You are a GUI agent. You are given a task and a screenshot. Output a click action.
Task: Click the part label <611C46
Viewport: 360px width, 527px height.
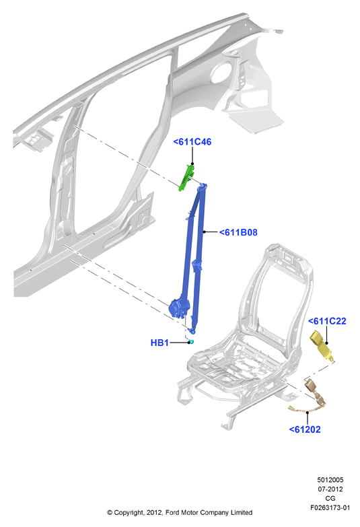click(x=192, y=142)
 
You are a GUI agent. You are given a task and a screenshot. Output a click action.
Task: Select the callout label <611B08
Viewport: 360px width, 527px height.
click(x=238, y=232)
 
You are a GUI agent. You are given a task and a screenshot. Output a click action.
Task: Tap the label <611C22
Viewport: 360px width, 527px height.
click(x=327, y=321)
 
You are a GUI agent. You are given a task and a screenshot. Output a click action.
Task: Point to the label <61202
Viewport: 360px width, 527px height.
click(x=305, y=429)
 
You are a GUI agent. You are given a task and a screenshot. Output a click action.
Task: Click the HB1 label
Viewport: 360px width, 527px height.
click(x=159, y=343)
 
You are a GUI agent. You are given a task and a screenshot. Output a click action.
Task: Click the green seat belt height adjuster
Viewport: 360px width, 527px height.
click(x=186, y=178)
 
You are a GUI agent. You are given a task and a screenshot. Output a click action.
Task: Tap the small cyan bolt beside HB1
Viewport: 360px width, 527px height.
click(x=191, y=342)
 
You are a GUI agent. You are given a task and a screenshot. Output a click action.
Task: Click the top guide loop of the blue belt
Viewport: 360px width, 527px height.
click(x=203, y=186)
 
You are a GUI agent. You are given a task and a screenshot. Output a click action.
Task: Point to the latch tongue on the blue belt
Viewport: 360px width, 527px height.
click(x=197, y=265)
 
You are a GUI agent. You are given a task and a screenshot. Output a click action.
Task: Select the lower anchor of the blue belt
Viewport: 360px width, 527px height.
click(x=192, y=330)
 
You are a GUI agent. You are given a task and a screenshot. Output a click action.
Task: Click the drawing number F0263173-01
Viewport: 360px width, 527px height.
click(x=330, y=507)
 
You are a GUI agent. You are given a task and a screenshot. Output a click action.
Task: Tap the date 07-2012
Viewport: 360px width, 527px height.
click(x=330, y=489)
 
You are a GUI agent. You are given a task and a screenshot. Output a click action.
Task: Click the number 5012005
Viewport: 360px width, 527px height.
click(x=330, y=480)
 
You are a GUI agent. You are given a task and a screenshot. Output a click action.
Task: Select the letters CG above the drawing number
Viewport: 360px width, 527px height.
click(x=330, y=499)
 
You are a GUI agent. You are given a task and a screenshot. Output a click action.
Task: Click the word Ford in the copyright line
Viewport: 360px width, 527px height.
click(x=172, y=513)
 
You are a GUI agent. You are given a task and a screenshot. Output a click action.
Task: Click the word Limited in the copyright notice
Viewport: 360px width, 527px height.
click(x=242, y=513)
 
